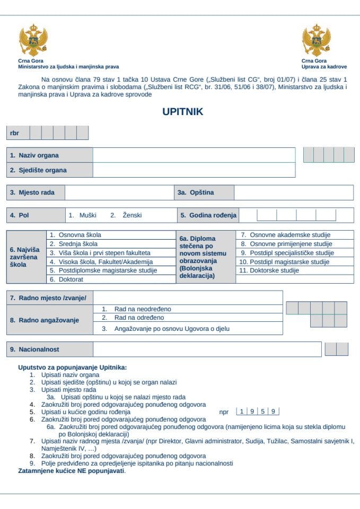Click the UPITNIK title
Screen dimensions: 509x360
(182, 112)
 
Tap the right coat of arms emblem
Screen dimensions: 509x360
(317, 40)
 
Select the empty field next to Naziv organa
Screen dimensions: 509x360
(194, 155)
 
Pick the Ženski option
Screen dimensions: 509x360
(126, 216)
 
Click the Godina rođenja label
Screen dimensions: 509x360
(208, 216)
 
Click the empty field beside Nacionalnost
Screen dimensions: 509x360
(207, 350)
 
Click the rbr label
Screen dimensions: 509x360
(14, 133)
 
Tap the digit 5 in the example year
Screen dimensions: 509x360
(263, 411)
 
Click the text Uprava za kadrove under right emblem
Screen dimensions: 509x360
(324, 67)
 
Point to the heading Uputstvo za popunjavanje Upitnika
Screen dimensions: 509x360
(73, 367)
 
